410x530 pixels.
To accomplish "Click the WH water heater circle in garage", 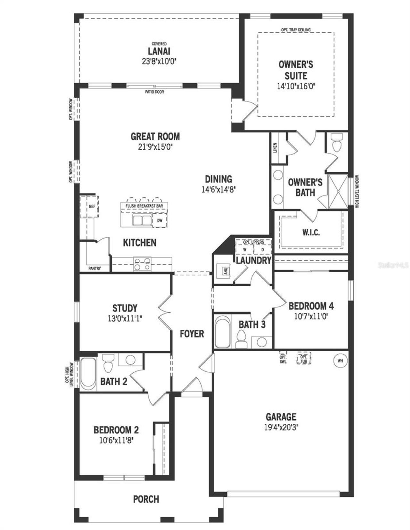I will click(x=340, y=361).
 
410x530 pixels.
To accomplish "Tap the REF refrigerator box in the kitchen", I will click(x=92, y=207).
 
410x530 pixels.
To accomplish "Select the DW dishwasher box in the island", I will click(x=160, y=220).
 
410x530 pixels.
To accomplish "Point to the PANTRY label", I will click(x=94, y=269).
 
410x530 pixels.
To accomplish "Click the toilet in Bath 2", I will click(x=107, y=364).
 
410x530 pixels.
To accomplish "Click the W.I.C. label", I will click(x=311, y=232).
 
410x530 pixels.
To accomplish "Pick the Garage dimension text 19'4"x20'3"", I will click(x=281, y=427).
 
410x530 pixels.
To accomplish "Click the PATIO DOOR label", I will click(x=154, y=92).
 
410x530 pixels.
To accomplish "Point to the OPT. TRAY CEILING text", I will click(x=296, y=30).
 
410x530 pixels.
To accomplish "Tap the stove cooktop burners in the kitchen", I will click(x=142, y=264).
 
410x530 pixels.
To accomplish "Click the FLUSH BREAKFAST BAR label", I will click(x=144, y=206).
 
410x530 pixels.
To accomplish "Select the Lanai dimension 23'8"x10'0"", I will click(x=159, y=61).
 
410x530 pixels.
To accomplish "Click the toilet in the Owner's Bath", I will click(x=337, y=144).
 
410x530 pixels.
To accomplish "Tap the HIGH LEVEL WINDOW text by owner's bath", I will click(x=357, y=192).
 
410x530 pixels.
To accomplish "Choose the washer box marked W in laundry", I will click(x=245, y=249).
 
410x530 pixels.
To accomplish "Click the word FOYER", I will click(x=192, y=334).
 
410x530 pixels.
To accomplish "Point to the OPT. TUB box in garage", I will click(x=304, y=359).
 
